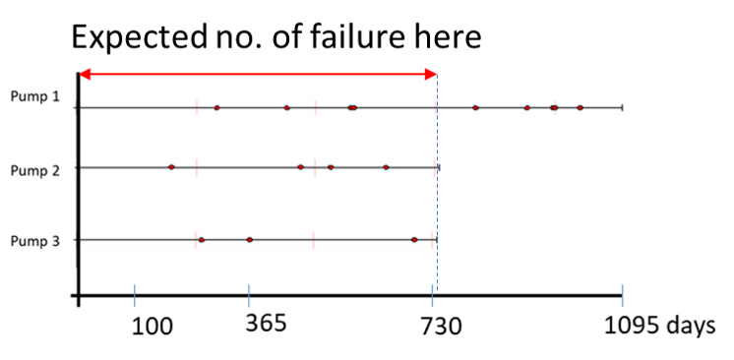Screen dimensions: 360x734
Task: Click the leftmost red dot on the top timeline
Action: (216, 107)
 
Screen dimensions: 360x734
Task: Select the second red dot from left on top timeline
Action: (286, 107)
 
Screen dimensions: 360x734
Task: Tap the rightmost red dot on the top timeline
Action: (580, 107)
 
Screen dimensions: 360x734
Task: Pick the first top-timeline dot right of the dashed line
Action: (475, 107)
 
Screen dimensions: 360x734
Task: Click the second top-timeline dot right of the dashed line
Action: (526, 107)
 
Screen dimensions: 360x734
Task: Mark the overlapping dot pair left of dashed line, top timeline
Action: (352, 107)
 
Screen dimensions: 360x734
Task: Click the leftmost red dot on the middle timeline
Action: (171, 167)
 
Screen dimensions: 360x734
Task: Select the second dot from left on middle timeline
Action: (300, 167)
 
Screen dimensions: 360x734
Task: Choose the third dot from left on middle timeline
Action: (331, 167)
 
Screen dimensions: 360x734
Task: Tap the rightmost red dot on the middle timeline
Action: (386, 167)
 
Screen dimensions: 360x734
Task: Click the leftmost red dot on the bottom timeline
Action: (201, 239)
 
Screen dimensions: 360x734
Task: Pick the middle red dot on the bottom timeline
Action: (249, 239)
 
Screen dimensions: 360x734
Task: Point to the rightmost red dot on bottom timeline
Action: (414, 239)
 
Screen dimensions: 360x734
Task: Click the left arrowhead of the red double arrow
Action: (84, 74)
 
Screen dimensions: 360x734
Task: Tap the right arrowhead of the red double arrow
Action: (431, 74)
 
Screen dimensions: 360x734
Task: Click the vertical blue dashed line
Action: (437, 197)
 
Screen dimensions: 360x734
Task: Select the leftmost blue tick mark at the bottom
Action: (135, 296)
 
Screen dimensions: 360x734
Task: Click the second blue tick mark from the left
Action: (249, 296)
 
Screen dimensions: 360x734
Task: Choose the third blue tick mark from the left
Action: (432, 296)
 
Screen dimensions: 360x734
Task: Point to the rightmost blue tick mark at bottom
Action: (622, 296)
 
